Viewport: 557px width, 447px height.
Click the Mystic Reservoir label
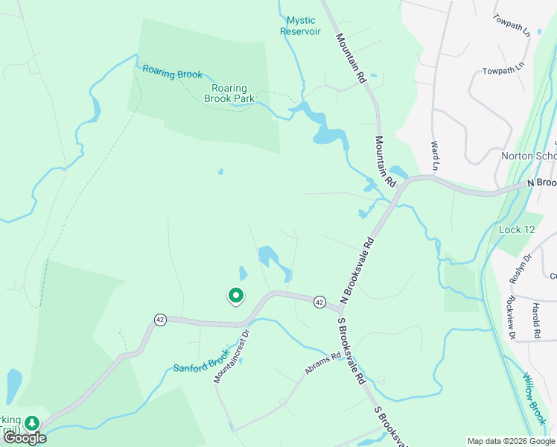[x=300, y=26]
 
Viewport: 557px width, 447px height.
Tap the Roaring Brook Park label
[x=230, y=93]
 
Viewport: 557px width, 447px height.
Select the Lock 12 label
[x=517, y=230]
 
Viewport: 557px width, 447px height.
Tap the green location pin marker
[x=235, y=297]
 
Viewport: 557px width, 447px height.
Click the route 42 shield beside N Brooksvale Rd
[x=319, y=302]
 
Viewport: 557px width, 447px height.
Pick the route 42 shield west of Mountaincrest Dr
[x=160, y=320]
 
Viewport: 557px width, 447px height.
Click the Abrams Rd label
[x=322, y=364]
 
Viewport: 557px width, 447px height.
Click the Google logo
[x=25, y=438]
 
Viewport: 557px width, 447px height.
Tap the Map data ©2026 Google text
[x=512, y=441]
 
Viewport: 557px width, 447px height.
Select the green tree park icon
[x=31, y=423]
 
